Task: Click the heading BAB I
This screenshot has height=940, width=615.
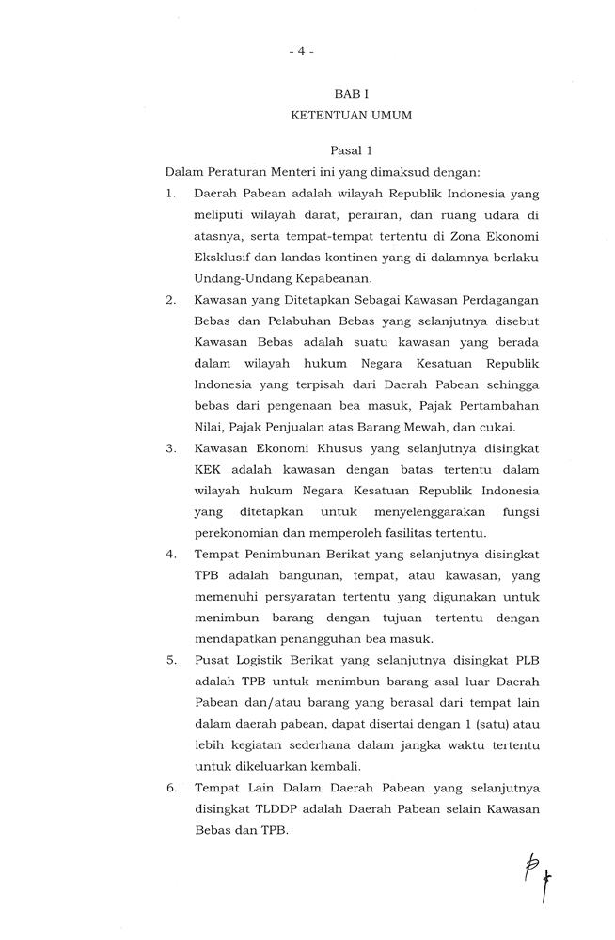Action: (352, 95)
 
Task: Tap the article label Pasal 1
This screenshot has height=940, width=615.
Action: (351, 150)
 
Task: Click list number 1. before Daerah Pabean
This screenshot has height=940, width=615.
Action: (171, 194)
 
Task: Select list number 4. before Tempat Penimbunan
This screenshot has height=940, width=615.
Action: (171, 553)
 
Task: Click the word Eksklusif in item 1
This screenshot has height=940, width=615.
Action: (223, 257)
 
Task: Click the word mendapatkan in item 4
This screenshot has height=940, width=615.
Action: (232, 637)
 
